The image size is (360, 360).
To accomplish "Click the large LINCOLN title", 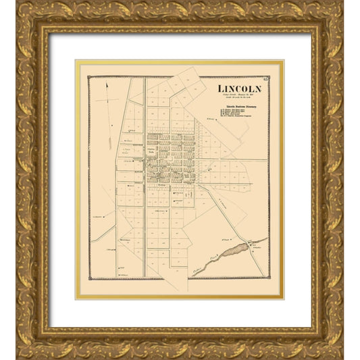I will (x=240, y=89).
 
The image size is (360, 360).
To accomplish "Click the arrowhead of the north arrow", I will (x=107, y=84).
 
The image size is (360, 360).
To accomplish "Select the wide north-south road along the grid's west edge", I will (x=145, y=203).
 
